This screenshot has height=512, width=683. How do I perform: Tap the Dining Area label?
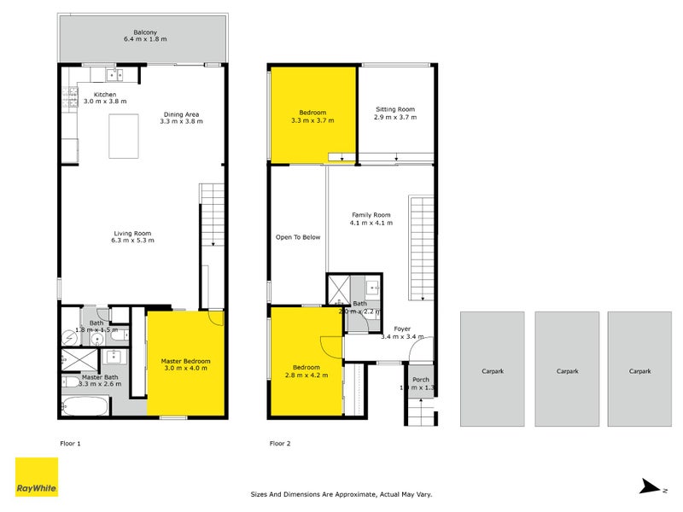pos(181,118)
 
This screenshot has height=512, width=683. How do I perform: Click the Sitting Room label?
pos(395,113)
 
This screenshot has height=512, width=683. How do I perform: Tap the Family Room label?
pos(371,218)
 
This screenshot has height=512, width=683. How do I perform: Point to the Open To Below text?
pos(298,237)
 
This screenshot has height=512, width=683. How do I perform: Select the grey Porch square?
pos(421,385)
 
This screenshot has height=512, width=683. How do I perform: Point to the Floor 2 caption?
pos(280,444)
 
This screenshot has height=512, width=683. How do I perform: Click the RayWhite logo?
pos(37,477)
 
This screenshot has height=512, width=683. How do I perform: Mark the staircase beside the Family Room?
pos(421,247)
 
